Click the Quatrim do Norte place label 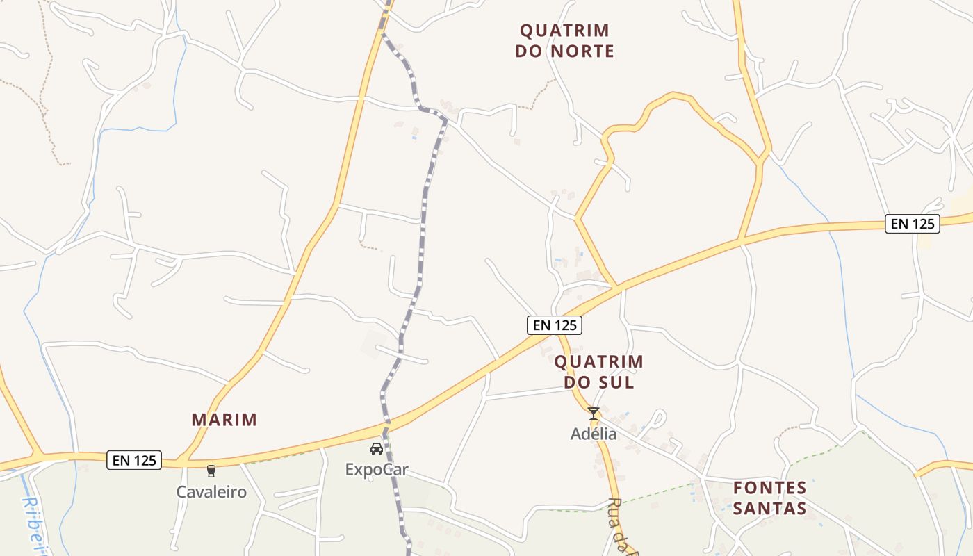564,40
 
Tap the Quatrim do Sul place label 598,372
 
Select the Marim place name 224,420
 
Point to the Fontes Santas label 770,498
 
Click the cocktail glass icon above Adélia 594,414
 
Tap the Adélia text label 594,434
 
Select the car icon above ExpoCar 377,449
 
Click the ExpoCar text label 377,470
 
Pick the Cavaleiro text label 211,492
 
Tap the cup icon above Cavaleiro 211,471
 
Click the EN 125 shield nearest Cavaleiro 134,459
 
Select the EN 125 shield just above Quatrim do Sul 554,325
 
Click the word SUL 619,382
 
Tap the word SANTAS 770,509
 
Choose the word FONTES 770,487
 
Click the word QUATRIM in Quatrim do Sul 598,361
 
